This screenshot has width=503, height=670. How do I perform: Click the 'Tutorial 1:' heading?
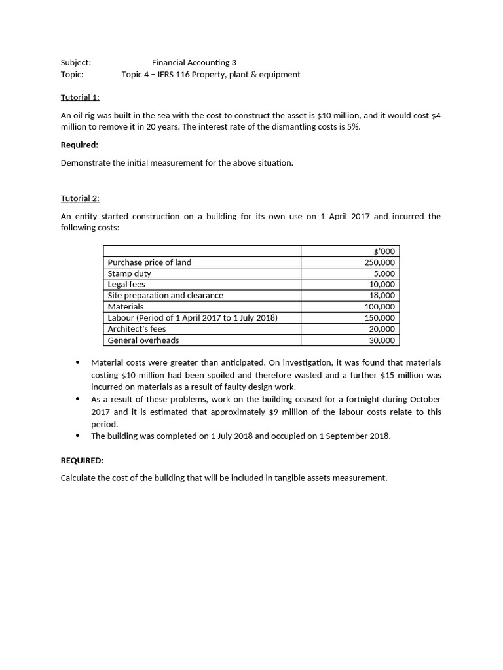pos(80,97)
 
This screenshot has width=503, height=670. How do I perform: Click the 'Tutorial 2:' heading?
pos(80,198)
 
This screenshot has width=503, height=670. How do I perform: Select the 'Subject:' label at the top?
pos(76,63)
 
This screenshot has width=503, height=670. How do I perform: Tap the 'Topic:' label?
pos(72,75)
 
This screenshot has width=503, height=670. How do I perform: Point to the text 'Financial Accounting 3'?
pos(194,63)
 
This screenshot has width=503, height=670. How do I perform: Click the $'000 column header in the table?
pos(384,251)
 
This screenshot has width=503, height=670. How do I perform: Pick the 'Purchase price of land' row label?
pos(149,262)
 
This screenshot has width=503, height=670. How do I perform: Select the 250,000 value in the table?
pos(380,262)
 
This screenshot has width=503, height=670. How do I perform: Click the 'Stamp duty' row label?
pos(129,273)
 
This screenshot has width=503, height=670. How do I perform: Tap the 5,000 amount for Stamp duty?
pos(384,273)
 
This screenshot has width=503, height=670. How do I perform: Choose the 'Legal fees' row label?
pos(126,285)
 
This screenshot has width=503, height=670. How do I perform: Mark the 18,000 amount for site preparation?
pos(382,296)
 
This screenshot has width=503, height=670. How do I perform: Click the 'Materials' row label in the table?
pos(126,307)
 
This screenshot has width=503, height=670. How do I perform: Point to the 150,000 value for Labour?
pos(380,318)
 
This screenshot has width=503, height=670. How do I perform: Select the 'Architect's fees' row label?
pos(137,329)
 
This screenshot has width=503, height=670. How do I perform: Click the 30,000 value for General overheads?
pos(382,340)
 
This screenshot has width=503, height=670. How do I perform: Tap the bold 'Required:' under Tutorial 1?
pos(79,145)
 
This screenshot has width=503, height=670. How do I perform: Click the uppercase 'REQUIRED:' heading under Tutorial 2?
pos(82,460)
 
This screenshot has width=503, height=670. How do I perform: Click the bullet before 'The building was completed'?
pos(79,436)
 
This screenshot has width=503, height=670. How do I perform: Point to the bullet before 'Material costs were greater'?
pos(79,362)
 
